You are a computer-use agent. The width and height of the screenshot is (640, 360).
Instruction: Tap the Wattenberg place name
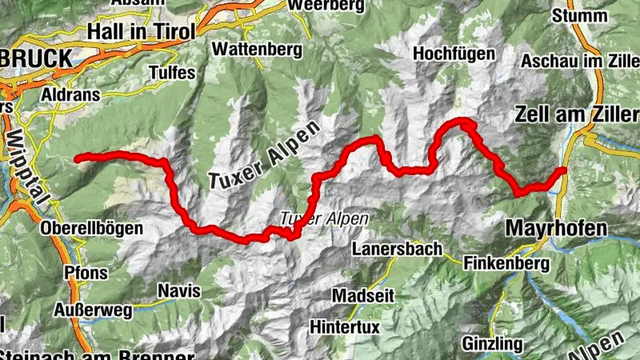click(257, 50)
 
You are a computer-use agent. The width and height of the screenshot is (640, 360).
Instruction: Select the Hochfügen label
click(452, 53)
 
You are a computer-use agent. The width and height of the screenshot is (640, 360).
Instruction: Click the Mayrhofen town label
click(556, 229)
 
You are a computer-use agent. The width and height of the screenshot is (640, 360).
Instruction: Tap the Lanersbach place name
click(396, 250)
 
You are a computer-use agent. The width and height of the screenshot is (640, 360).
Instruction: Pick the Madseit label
click(362, 294)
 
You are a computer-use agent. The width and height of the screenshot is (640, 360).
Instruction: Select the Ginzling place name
click(491, 343)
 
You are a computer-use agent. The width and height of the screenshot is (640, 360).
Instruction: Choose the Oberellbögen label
click(90, 229)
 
